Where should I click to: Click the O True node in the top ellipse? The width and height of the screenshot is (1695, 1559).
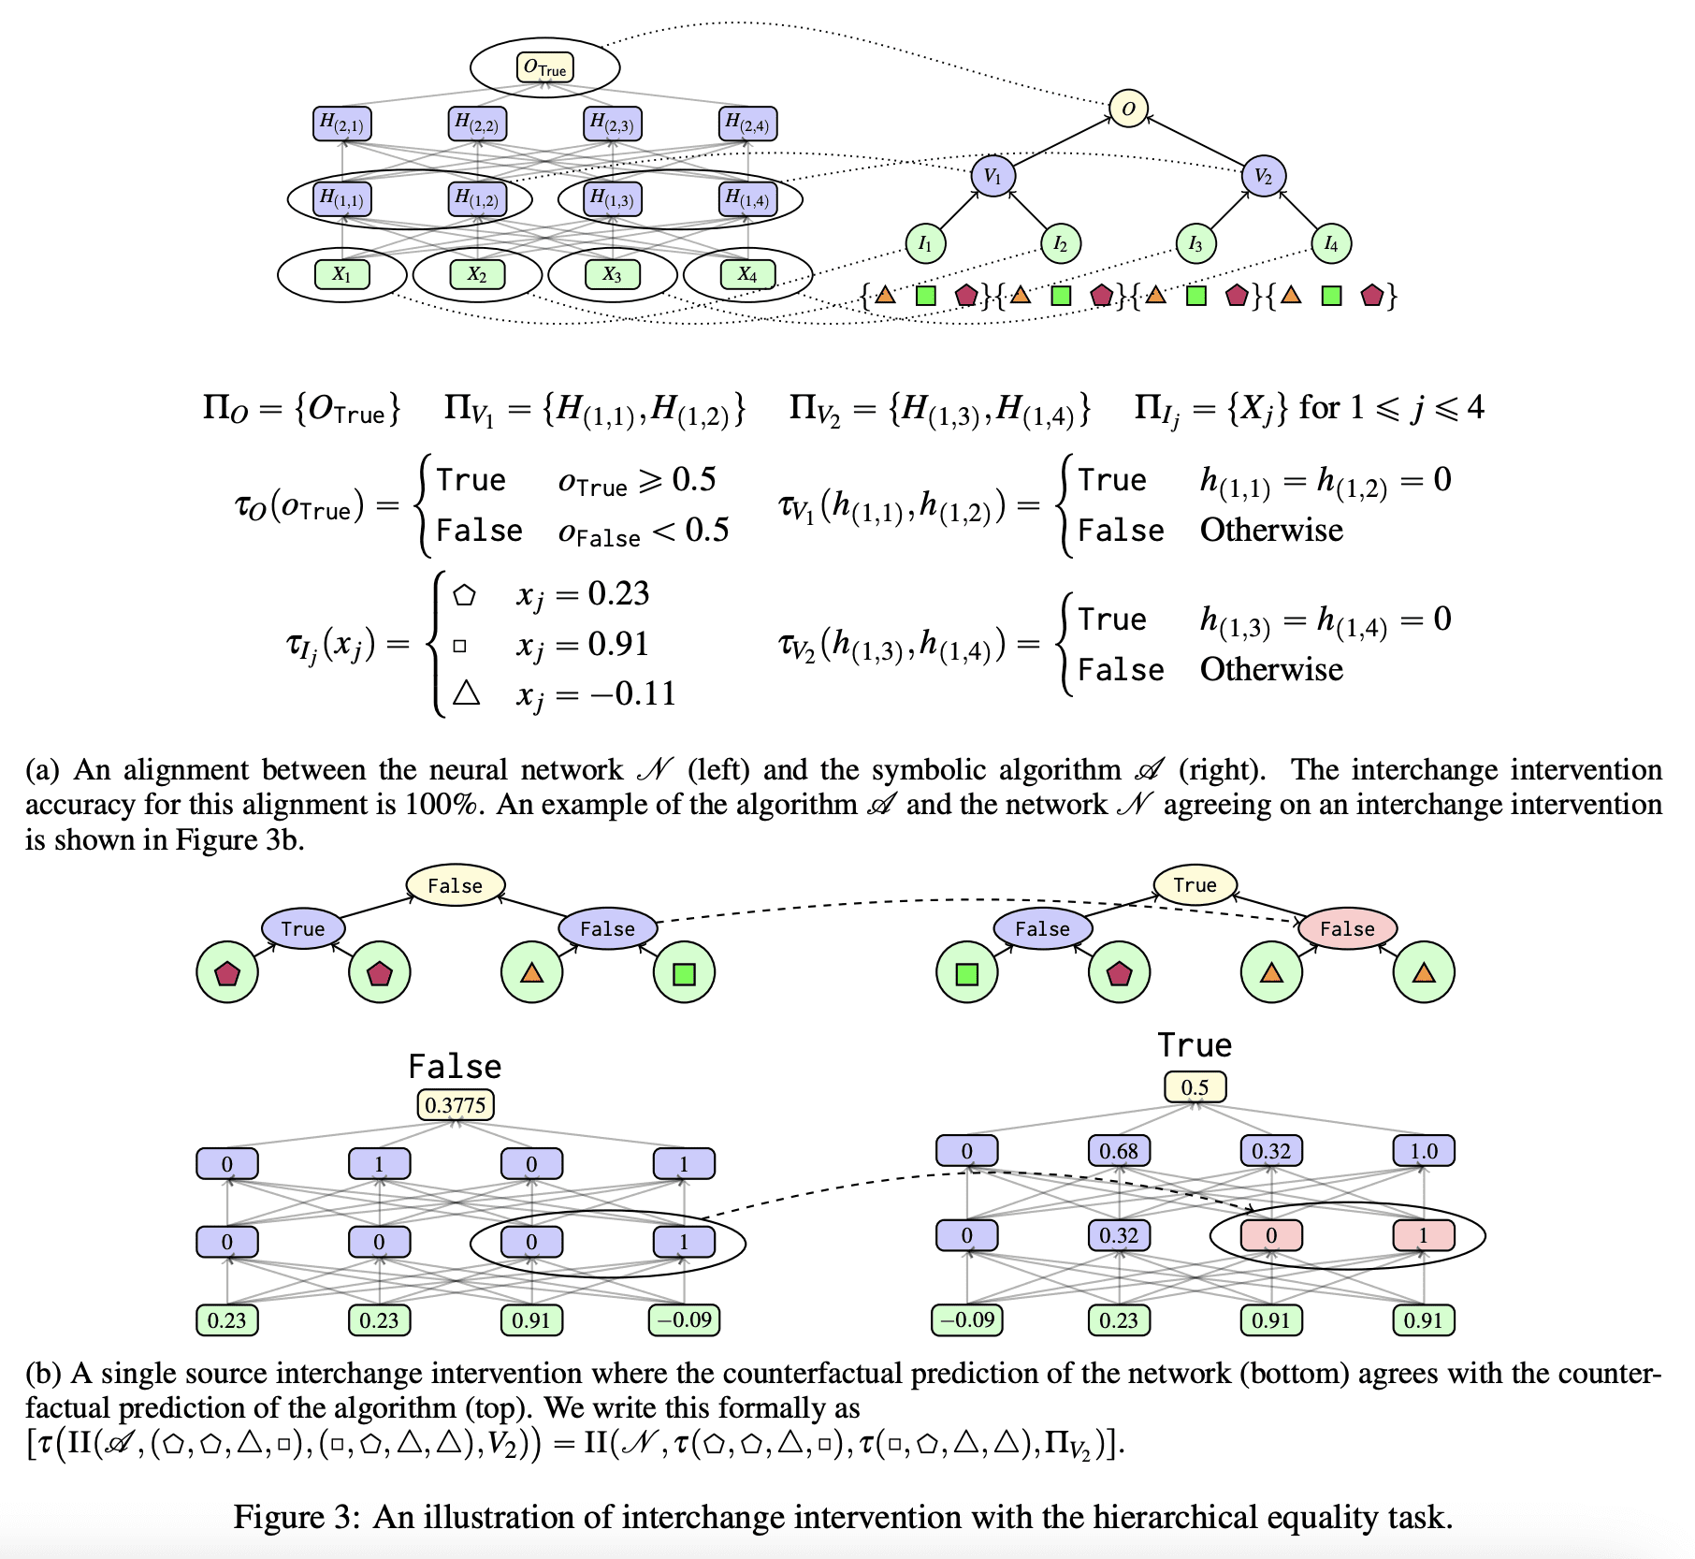click(544, 67)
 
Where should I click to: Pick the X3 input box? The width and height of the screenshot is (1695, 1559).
click(612, 274)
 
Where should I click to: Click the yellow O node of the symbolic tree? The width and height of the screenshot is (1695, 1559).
click(1128, 109)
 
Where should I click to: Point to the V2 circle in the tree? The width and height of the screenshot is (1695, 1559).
click(1263, 176)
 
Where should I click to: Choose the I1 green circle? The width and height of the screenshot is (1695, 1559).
click(925, 243)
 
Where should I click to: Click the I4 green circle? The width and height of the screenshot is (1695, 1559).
click(1330, 243)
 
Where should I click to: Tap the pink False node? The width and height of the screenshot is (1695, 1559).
click(1347, 928)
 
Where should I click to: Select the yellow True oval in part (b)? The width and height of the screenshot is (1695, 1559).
click(1195, 884)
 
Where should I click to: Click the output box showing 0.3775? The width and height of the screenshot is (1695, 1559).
click(456, 1104)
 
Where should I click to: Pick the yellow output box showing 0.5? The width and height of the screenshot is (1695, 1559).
click(1195, 1087)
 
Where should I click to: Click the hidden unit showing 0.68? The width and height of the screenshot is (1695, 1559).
click(1119, 1150)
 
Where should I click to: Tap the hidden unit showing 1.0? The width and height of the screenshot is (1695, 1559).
click(1424, 1150)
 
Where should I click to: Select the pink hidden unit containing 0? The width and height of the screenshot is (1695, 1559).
click(1271, 1235)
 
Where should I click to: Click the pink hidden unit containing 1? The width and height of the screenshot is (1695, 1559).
click(1424, 1235)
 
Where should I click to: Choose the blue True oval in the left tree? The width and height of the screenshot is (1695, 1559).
click(303, 928)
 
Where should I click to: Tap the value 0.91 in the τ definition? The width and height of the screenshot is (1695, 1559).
click(618, 644)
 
